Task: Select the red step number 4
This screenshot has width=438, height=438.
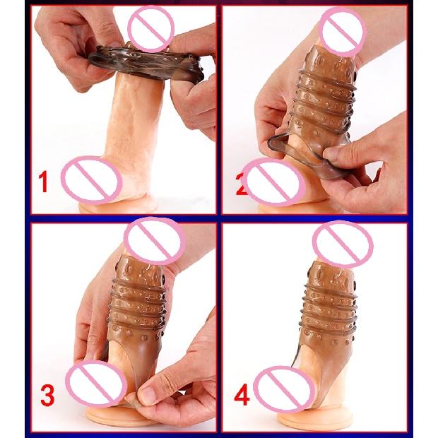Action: click(242, 397)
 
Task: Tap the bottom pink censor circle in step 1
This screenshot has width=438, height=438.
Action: click(91, 179)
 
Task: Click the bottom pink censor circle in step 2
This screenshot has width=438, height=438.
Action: click(273, 180)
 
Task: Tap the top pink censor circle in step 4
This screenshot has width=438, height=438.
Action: click(342, 244)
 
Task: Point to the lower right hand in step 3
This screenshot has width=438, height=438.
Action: click(173, 385)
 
